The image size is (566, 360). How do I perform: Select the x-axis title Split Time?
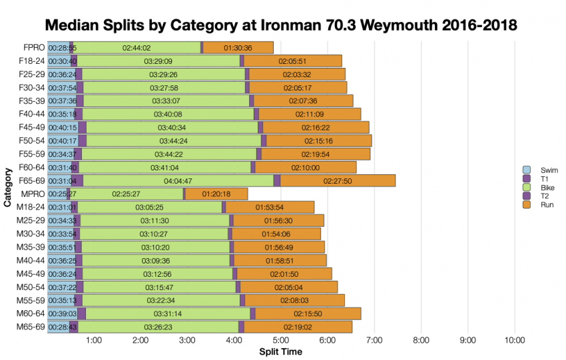[x=280, y=351]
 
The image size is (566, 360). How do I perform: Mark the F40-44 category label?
[x=31, y=114]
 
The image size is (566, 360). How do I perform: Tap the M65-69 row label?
[x=31, y=327]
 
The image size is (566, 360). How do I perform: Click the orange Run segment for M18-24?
[x=270, y=207]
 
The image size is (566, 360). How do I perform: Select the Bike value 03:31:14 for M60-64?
[x=168, y=313]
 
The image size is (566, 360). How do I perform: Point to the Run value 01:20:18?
[x=216, y=194]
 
